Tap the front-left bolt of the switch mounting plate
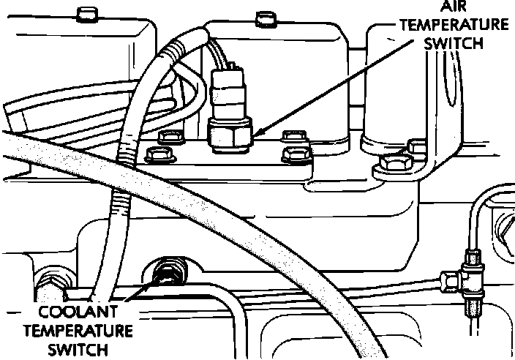pyautogui.click(x=157, y=155)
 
